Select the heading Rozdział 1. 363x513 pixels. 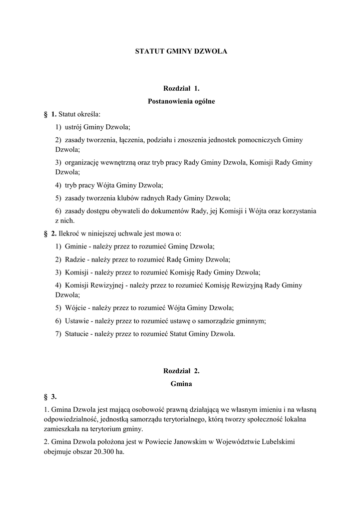pyautogui.click(x=181, y=89)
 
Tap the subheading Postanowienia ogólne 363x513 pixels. pyautogui.click(x=181, y=102)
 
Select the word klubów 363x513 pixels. pyautogui.click(x=131, y=198)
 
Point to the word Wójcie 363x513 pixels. pyautogui.click(x=75, y=308)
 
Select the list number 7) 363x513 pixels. pyautogui.click(x=59, y=334)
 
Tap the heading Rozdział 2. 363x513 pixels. pyautogui.click(x=181, y=371)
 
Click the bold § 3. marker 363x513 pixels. pyautogui.click(x=50, y=397)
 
